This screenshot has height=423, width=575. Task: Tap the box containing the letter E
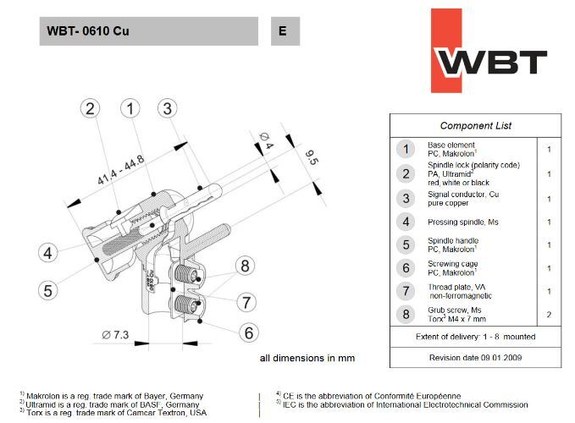285,32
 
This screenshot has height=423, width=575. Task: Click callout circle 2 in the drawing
92,108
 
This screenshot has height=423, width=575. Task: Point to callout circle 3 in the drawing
167,108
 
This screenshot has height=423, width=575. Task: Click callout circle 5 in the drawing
48,290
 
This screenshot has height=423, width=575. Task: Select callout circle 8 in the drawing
245,266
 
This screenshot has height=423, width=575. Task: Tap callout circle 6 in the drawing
248,332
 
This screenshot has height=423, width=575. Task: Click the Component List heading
475,126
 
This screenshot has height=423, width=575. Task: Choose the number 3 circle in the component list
406,199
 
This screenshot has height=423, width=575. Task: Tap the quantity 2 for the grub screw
549,315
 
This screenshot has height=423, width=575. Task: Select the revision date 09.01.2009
475,357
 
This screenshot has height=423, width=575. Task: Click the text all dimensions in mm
308,358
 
